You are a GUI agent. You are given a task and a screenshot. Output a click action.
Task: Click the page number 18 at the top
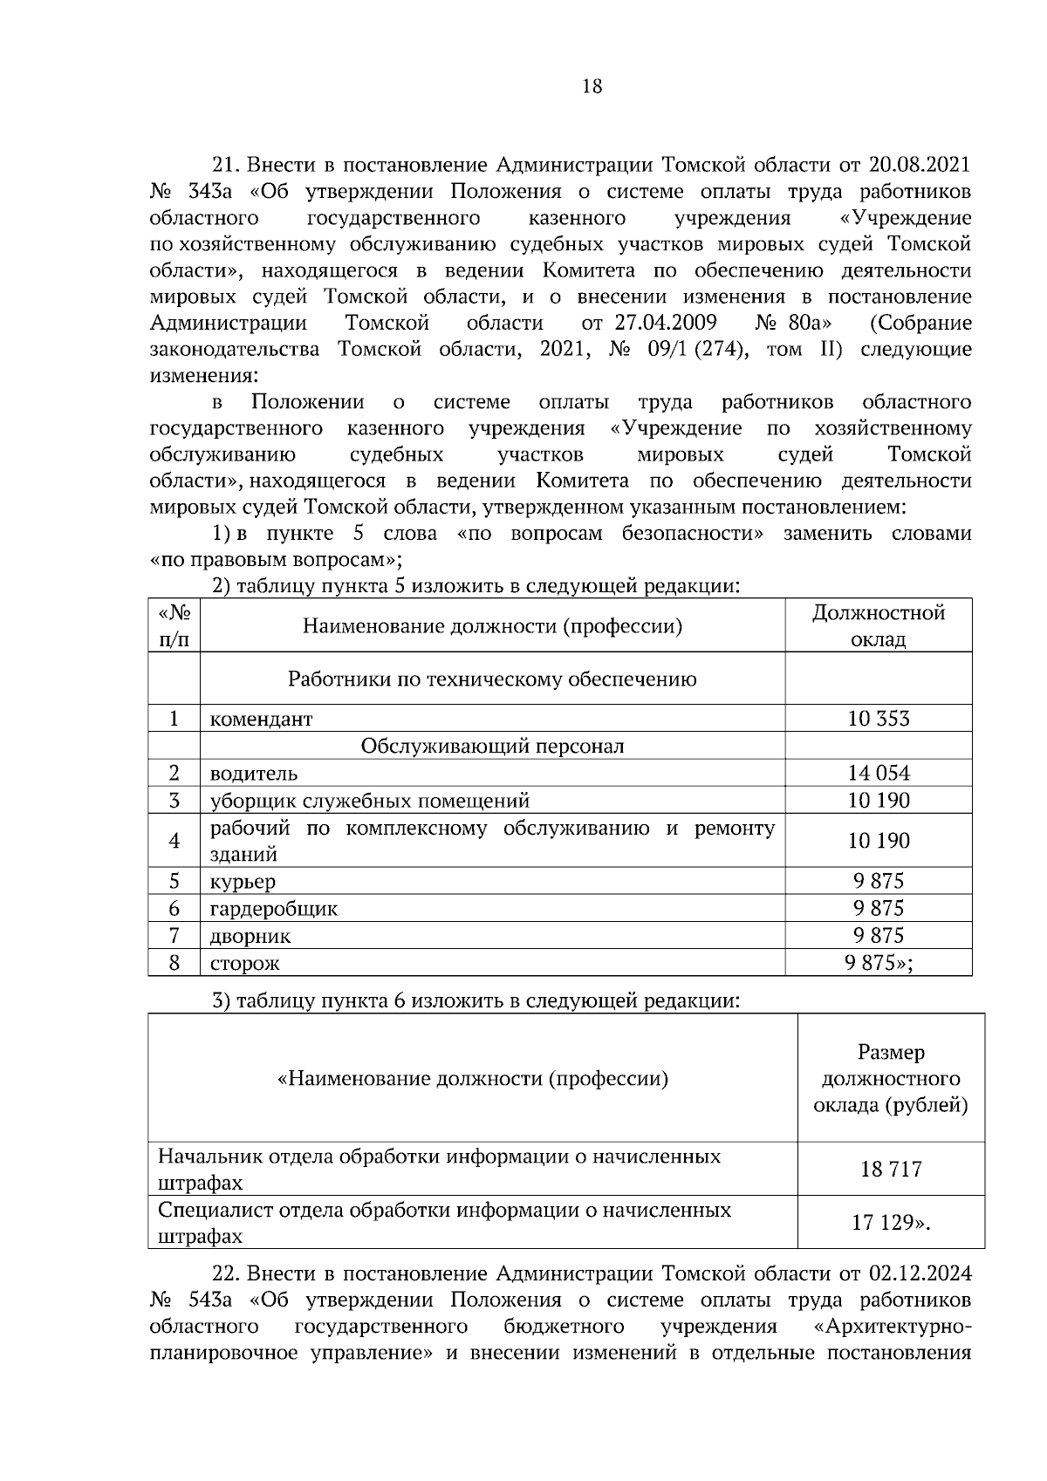click(591, 86)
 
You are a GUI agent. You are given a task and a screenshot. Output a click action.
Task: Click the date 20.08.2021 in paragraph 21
click(920, 165)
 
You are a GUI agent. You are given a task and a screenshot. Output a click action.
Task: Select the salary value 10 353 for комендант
click(878, 719)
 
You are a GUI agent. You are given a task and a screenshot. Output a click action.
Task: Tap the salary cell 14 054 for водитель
click(878, 773)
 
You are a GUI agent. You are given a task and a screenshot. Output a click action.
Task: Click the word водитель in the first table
click(253, 774)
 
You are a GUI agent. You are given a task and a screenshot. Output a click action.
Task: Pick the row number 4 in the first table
click(174, 841)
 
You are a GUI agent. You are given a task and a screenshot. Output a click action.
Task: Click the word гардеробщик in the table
click(273, 909)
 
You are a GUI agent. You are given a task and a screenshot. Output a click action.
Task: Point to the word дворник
click(250, 937)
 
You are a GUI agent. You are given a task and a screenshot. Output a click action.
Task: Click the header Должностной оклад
click(878, 625)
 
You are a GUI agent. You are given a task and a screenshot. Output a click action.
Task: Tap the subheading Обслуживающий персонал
click(492, 747)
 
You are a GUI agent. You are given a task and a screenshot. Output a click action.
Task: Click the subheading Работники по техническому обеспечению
click(492, 679)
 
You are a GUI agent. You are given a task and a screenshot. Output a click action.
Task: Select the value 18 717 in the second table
click(890, 1170)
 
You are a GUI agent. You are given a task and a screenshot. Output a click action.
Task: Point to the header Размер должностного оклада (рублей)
click(890, 1079)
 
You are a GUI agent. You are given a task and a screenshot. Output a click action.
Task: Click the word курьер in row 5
click(242, 882)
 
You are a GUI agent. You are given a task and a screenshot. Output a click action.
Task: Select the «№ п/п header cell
click(174, 625)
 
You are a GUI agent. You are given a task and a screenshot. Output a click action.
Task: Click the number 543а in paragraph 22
click(209, 1300)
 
